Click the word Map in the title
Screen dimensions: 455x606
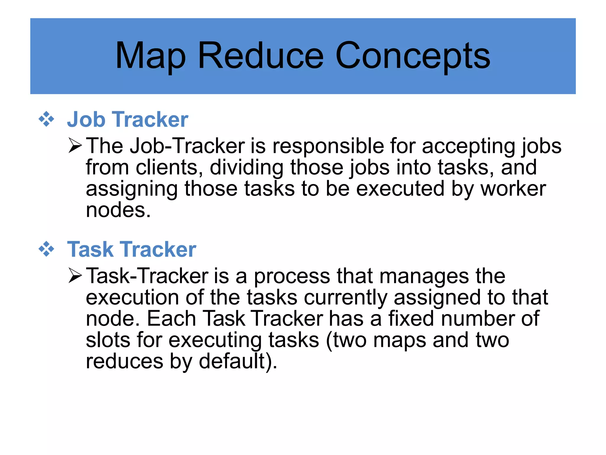pyautogui.click(x=150, y=56)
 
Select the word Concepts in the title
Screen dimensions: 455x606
pyautogui.click(x=412, y=56)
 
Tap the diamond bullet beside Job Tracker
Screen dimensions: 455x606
pyautogui.click(x=46, y=119)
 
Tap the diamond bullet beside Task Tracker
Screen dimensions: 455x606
pyautogui.click(x=46, y=249)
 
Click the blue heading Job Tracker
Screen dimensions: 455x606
pyautogui.click(x=128, y=119)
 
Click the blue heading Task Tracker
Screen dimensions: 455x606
pyautogui.click(x=131, y=249)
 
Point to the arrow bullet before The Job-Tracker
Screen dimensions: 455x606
pyautogui.click(x=75, y=145)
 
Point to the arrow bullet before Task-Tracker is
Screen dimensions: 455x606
pyautogui.click(x=75, y=275)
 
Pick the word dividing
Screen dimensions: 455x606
pyautogui.click(x=246, y=168)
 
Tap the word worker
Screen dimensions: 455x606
pyautogui.click(x=513, y=189)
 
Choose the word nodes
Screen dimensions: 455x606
pyautogui.click(x=118, y=210)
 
